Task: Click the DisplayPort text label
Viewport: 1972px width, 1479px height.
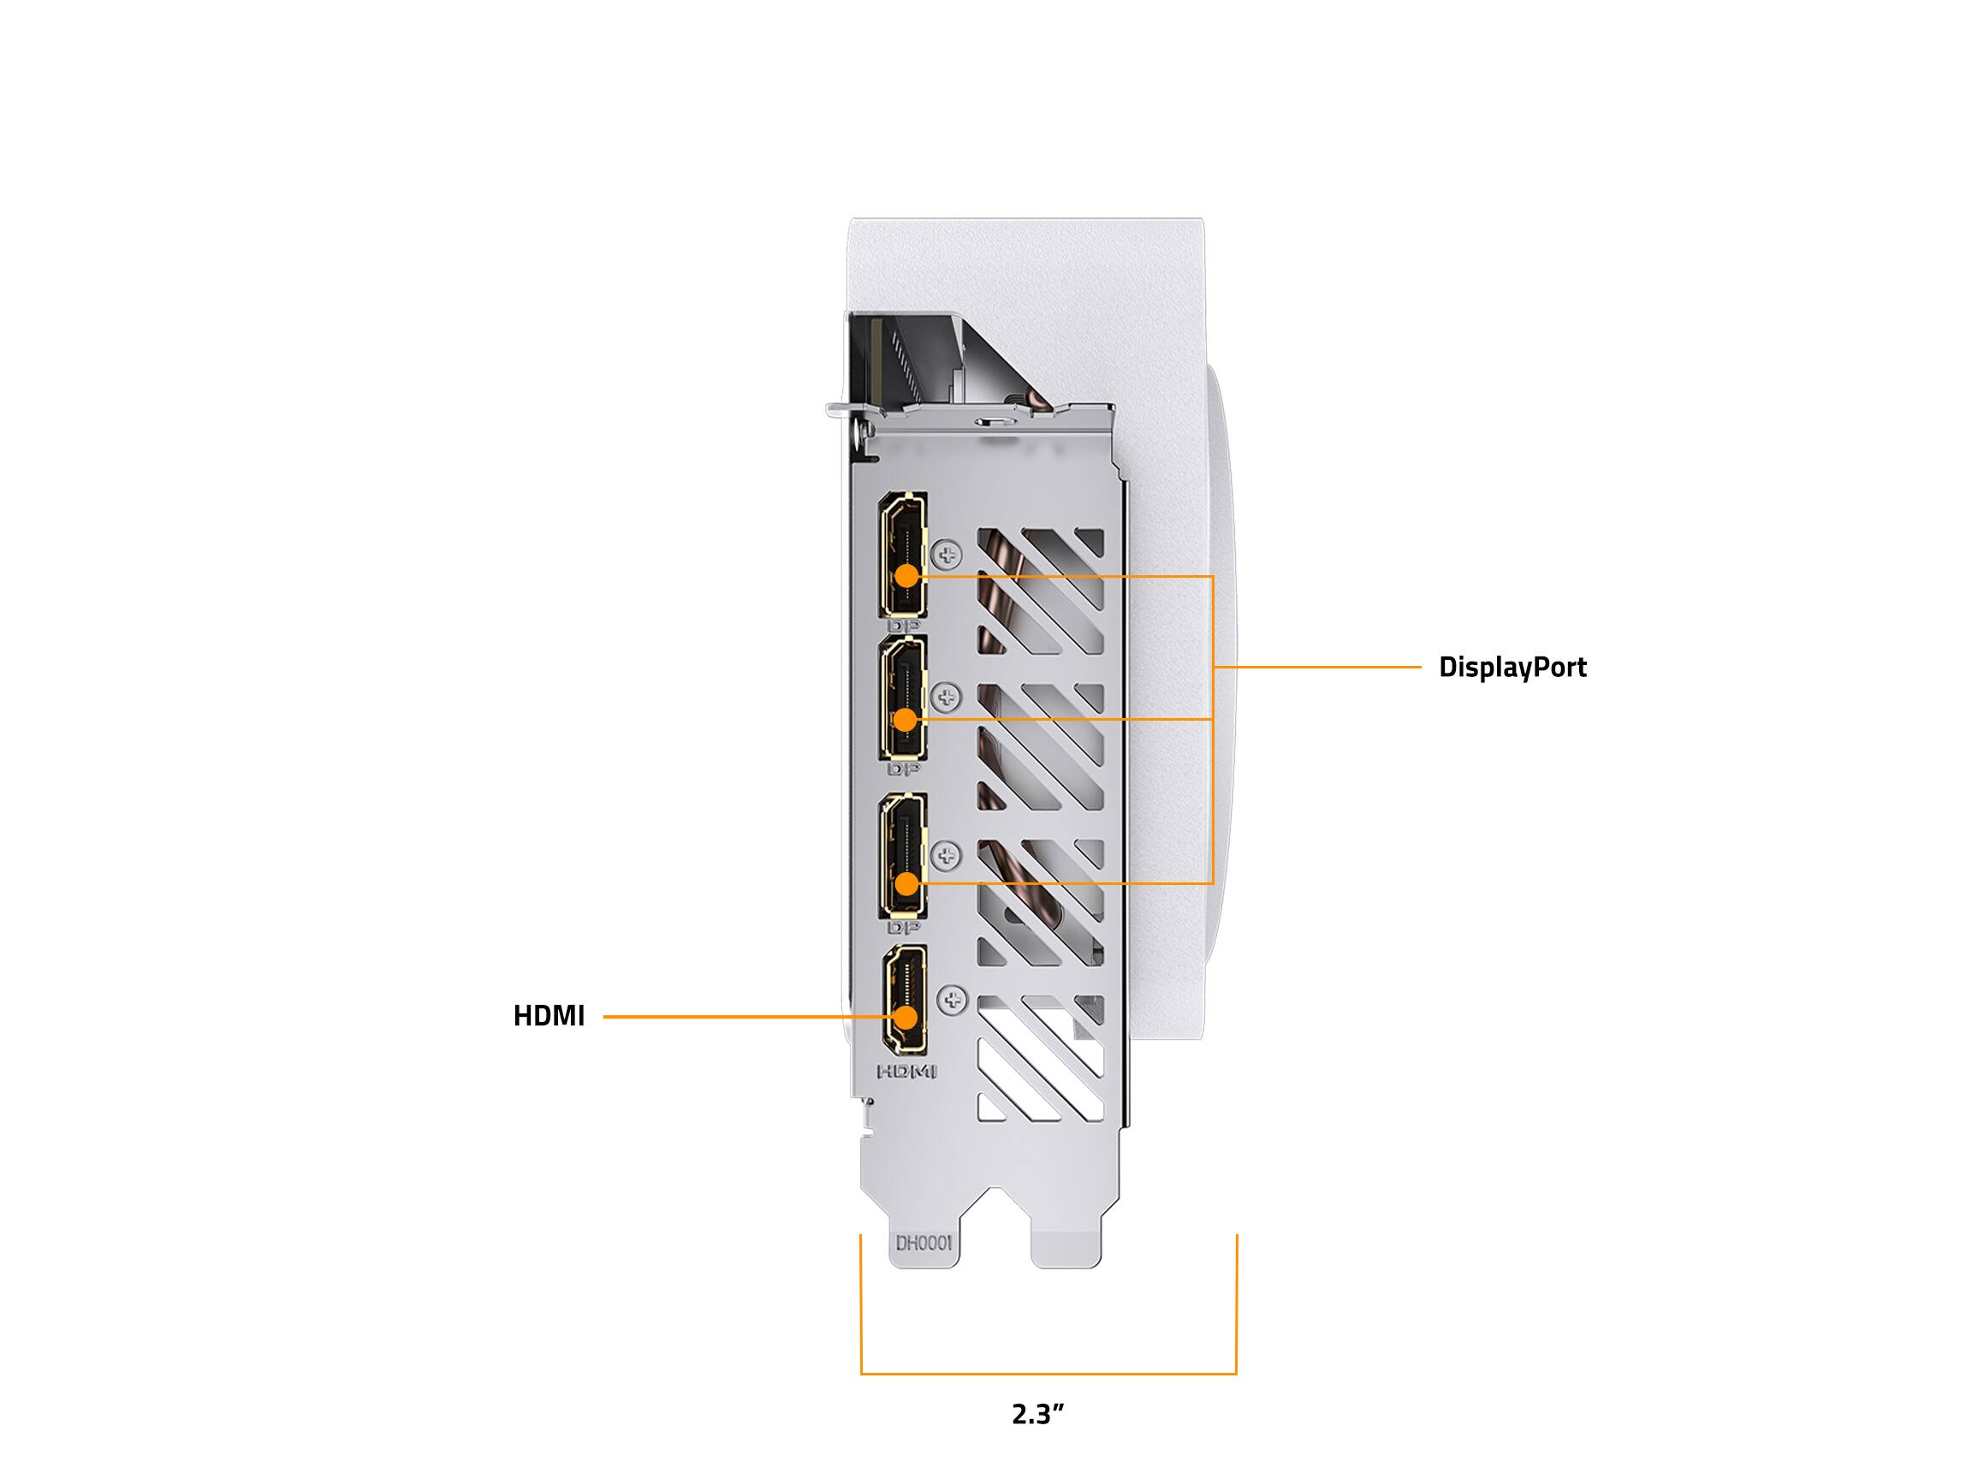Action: coord(1512,667)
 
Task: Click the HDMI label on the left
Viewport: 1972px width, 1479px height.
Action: coord(549,1015)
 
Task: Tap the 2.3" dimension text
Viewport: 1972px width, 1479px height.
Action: coord(1038,1414)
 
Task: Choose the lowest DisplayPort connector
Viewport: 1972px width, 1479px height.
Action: coord(903,855)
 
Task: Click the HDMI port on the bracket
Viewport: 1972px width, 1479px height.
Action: coord(904,1000)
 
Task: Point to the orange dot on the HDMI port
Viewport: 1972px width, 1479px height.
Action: coord(907,1016)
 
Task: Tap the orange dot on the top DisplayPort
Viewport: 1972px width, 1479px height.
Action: coord(906,576)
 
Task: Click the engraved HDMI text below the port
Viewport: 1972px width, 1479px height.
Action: coord(907,1072)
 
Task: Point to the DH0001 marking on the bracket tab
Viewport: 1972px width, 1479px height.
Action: coord(924,1243)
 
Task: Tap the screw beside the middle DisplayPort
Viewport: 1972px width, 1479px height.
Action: coord(947,698)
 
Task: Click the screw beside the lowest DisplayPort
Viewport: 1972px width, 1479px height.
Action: coord(947,855)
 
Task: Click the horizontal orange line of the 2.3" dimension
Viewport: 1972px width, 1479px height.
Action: coord(1048,1374)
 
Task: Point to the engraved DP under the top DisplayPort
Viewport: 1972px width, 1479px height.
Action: coord(904,627)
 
